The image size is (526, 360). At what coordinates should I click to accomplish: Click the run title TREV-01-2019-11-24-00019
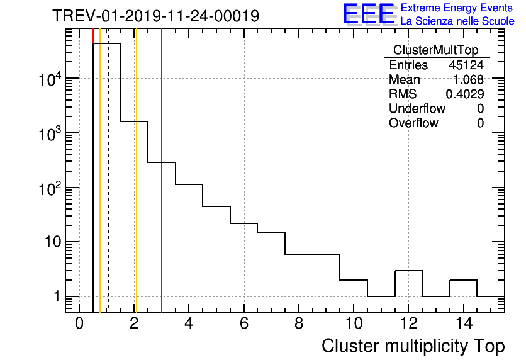(155, 16)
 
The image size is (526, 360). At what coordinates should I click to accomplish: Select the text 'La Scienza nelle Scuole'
(457, 21)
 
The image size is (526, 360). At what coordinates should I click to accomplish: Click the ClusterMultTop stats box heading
(435, 50)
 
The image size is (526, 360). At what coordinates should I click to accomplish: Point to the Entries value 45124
(466, 65)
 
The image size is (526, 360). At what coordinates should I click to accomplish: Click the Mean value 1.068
(468, 80)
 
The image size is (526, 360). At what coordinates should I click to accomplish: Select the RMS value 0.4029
(465, 94)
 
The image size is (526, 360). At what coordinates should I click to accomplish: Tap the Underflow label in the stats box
(417, 109)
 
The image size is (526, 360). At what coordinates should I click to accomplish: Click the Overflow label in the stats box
(413, 123)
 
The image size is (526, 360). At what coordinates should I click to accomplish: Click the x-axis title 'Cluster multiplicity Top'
(413, 346)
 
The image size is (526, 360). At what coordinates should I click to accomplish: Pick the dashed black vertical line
(108, 189)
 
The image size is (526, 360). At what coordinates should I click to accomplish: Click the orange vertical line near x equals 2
(136, 189)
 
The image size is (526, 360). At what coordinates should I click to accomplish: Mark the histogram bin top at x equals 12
(408, 271)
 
